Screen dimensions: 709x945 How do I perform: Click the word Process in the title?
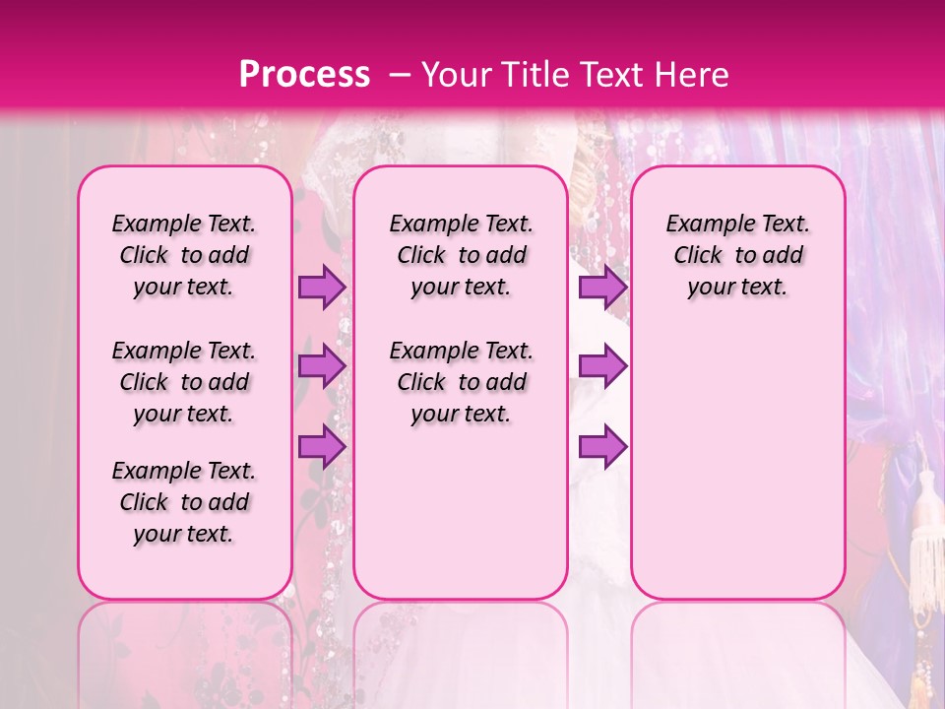click(x=304, y=75)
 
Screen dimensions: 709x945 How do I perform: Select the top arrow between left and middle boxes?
click(x=322, y=287)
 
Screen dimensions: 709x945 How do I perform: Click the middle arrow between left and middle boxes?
click(x=322, y=366)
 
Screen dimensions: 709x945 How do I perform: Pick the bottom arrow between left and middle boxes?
click(x=322, y=447)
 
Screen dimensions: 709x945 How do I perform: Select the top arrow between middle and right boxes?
click(x=602, y=287)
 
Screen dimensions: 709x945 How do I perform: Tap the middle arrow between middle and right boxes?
click(x=602, y=366)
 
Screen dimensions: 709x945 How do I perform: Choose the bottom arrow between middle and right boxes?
click(x=602, y=447)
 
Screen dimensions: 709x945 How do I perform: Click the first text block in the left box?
click(x=184, y=255)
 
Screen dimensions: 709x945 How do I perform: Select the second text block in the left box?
click(x=184, y=382)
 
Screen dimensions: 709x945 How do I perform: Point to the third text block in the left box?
click(x=184, y=502)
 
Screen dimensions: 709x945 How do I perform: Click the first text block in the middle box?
click(x=461, y=255)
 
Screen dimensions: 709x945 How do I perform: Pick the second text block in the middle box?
click(x=461, y=382)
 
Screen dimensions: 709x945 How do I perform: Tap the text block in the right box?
click(x=737, y=255)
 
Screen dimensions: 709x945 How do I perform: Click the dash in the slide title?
click(x=401, y=75)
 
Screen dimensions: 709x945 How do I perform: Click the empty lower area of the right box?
click(x=737, y=473)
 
